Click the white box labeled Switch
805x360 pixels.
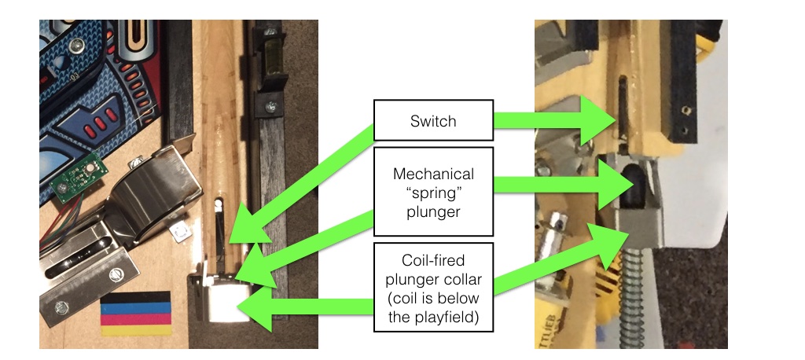coord(433,121)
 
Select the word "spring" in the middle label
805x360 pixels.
coord(434,193)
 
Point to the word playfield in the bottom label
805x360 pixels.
coord(433,317)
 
